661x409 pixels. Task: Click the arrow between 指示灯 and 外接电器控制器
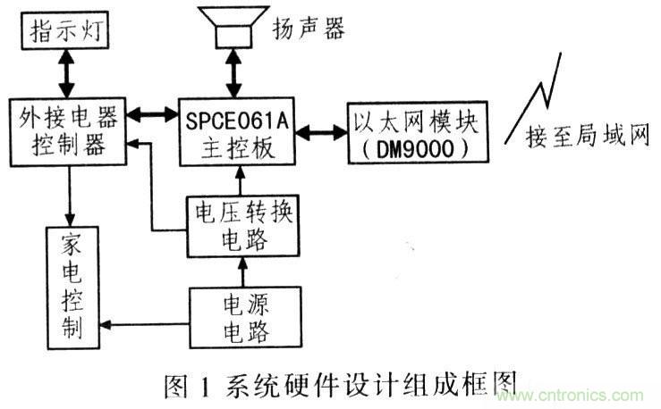click(x=64, y=76)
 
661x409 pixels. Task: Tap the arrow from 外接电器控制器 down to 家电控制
click(x=66, y=196)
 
